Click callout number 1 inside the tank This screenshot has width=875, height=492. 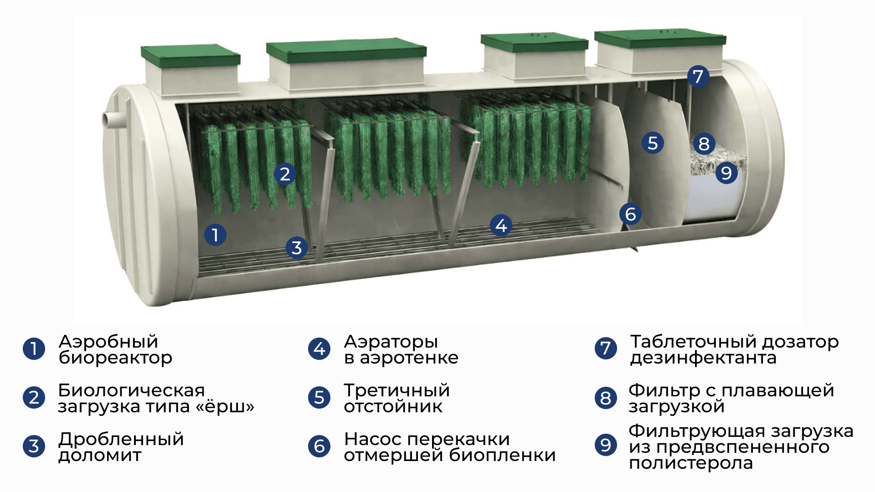[215, 235]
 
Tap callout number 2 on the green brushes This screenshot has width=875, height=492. [285, 174]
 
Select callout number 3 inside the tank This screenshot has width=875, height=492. [297, 248]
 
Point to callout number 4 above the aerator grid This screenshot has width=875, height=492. [501, 225]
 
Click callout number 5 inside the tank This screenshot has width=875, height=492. [653, 143]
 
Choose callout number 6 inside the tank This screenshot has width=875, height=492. [631, 214]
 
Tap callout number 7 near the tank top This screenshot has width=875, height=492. [698, 77]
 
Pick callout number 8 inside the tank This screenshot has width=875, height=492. [704, 144]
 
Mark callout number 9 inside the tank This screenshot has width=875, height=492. [726, 173]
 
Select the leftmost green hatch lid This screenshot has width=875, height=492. [190, 55]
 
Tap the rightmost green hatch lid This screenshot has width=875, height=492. [660, 38]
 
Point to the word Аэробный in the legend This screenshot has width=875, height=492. [108, 342]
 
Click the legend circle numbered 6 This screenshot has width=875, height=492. [319, 446]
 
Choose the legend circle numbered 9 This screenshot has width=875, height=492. [606, 445]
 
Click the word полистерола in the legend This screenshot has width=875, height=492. [691, 464]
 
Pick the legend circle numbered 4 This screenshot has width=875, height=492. [319, 348]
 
